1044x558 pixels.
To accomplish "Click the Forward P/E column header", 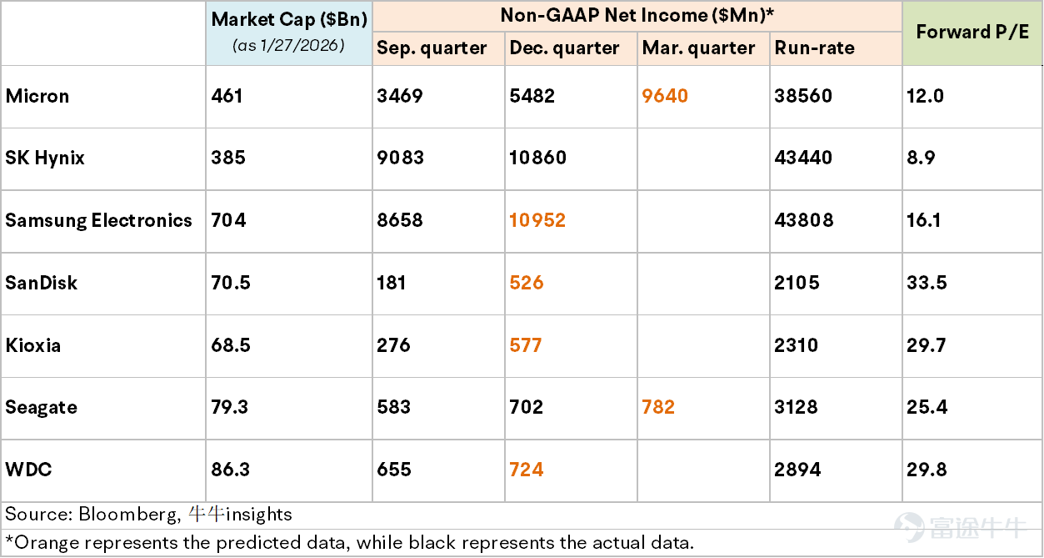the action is point(972,32).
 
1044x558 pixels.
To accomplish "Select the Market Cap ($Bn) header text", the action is point(289,19).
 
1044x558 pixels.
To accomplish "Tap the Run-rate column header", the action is point(814,48).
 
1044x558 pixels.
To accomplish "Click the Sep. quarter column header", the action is point(432,48).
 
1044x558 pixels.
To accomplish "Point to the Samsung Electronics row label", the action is point(98,220).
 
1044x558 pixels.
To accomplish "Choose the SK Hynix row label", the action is point(45,158).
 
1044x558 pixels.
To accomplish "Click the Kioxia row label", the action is point(33,345).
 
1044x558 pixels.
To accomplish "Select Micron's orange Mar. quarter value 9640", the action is point(665,96).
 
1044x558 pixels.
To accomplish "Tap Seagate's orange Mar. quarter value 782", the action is point(658,407).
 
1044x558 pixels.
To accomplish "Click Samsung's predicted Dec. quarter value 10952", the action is point(537,220).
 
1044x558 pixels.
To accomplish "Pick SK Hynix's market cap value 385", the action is point(228,158).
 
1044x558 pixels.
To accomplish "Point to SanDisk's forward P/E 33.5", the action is point(927,283).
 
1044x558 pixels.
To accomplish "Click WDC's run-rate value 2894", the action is point(797,470).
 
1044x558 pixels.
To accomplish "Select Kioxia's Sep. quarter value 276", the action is point(393,345).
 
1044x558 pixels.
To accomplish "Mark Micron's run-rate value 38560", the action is point(803,96).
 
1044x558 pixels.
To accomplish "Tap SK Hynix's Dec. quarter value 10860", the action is point(538,158).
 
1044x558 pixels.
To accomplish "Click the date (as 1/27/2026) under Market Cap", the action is point(289,45).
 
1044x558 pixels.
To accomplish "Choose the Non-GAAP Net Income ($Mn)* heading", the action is point(637,15).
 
